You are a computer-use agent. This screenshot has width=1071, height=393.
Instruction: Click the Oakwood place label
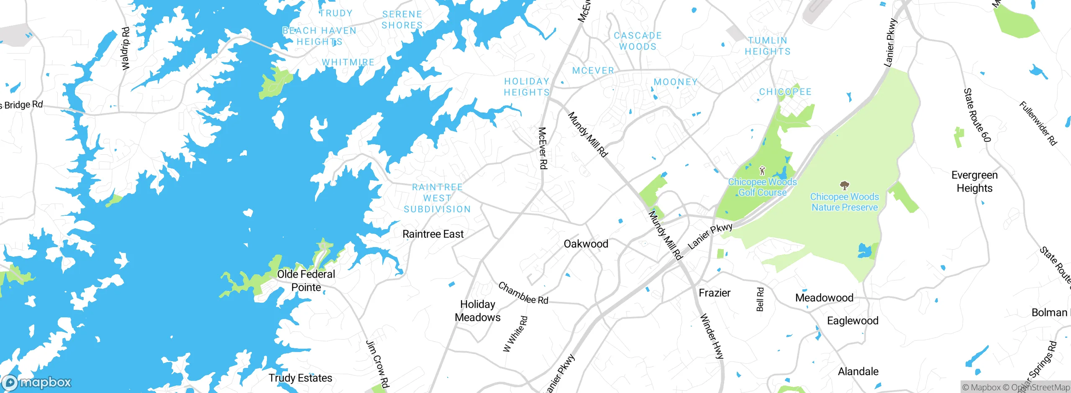coord(586,244)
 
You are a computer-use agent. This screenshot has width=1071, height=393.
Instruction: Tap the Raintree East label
coord(433,234)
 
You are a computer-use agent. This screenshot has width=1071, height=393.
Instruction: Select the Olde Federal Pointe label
coord(306,281)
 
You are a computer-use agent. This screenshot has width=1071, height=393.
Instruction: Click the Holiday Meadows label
coord(477,311)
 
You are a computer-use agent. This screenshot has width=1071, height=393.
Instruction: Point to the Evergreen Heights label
coord(974,181)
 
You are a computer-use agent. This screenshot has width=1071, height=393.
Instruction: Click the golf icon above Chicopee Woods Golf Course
coord(762,171)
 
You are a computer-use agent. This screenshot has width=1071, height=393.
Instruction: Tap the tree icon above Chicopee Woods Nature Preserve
coord(844,185)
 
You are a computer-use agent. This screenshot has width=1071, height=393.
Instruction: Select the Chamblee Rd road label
coord(523,293)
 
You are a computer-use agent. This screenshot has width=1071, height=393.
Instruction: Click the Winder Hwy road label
coord(712,336)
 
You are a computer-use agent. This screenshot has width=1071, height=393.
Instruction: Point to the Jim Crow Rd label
coord(378,364)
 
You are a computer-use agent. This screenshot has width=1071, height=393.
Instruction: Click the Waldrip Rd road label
coord(125,48)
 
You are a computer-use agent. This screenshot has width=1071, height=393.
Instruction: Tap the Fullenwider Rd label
coord(1038,123)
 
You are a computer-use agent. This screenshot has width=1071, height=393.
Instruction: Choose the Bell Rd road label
coord(760,299)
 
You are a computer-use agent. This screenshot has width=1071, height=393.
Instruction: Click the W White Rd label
coord(515,334)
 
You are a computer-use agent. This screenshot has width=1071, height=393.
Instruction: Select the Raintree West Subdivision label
coord(437,198)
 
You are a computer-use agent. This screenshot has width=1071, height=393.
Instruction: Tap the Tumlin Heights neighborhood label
coord(767,46)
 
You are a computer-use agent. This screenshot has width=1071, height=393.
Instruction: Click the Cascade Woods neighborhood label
coord(638,41)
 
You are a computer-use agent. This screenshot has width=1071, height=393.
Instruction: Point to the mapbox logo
coord(37,383)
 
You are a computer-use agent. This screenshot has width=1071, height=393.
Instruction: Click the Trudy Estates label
coord(300,378)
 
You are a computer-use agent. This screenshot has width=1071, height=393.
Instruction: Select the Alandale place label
coord(858,371)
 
